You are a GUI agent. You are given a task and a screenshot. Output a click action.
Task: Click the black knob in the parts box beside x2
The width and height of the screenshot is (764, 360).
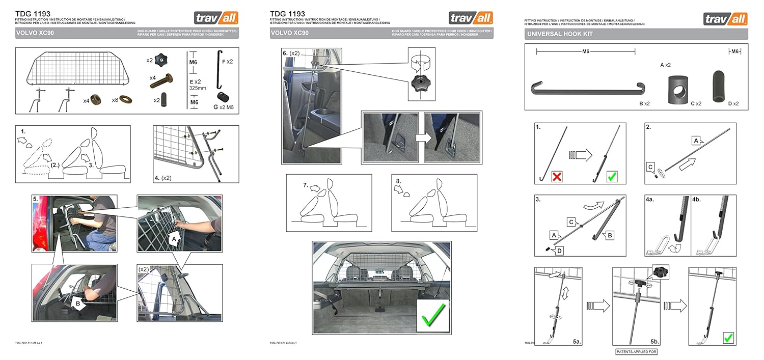click(x=162, y=60)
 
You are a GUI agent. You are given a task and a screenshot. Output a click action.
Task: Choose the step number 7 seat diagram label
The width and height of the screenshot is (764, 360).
click(x=306, y=185)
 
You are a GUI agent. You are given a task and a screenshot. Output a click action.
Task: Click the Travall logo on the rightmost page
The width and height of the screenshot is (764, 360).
click(x=725, y=19)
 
